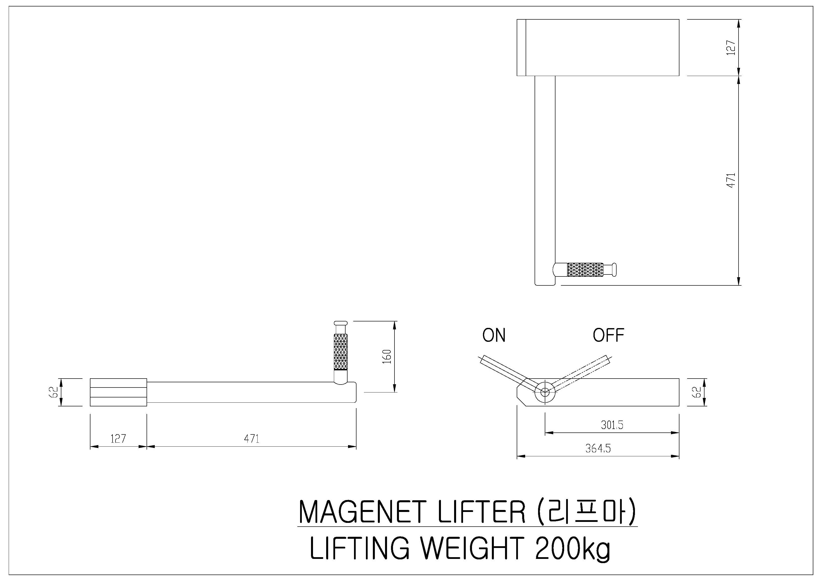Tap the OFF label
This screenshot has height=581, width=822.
(x=608, y=335)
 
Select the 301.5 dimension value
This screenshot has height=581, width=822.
(x=612, y=425)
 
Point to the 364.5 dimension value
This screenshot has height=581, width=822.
(x=598, y=448)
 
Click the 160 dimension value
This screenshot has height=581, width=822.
(x=387, y=356)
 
